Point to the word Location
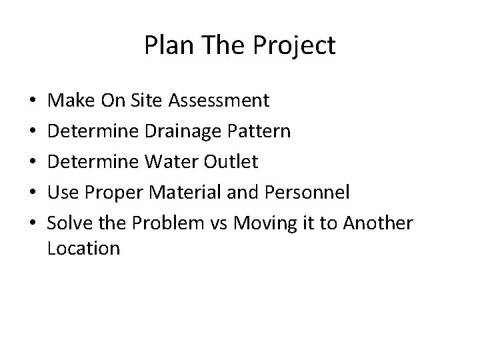(84, 249)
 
